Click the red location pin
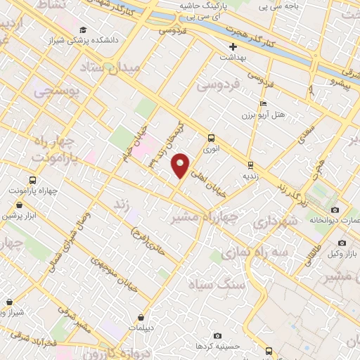[181, 165]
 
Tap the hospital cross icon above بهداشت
[233, 46]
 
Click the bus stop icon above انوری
[212, 138]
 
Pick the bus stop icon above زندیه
[250, 165]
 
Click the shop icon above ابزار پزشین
[17, 205]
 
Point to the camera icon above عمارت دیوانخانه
[335, 210]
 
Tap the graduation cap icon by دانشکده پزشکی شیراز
[83, 30]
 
